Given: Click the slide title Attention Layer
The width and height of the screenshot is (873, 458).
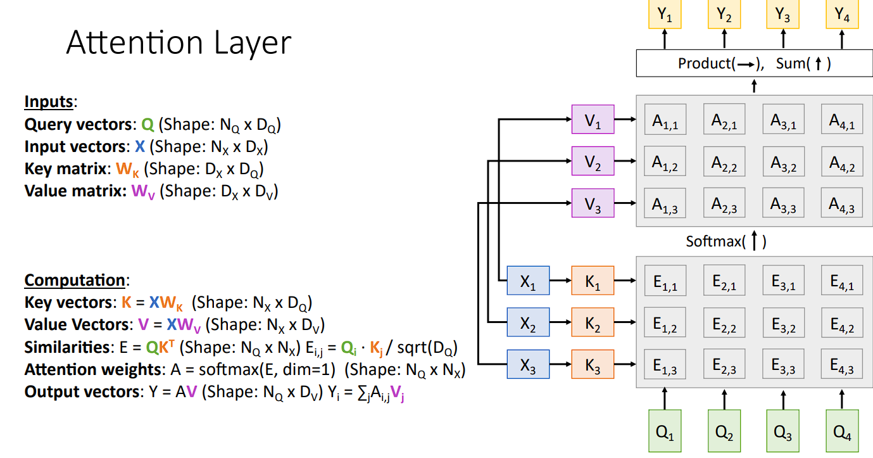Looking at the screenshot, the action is coord(179,43).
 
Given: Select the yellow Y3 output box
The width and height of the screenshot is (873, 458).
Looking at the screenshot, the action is coord(782,14).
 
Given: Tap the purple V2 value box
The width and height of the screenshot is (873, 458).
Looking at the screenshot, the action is coord(593,161).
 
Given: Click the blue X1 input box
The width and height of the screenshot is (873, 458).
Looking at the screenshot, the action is coord(528,281).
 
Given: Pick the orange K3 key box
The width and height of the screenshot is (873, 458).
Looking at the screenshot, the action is coord(593,364).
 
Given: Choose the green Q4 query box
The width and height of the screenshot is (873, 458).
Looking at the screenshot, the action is coord(842,431).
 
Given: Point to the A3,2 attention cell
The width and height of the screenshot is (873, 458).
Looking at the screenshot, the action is coord(783,162).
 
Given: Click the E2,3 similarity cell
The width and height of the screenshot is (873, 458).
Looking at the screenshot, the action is coord(724,364).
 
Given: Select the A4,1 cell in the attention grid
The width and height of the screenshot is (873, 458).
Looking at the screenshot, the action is coord(842,119).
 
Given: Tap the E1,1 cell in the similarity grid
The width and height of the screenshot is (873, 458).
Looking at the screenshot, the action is coord(665,281).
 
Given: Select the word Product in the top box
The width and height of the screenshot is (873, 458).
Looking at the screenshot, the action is coord(705,63).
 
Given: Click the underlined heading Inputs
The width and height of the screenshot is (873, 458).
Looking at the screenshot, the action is coord(49,102).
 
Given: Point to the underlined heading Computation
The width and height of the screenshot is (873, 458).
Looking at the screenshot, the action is coord(75,280).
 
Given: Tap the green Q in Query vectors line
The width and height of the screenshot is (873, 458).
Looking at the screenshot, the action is coord(148,125).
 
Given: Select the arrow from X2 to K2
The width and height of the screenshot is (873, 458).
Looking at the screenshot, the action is coord(560,322).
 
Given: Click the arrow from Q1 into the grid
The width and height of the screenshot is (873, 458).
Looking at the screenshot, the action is coord(665,398).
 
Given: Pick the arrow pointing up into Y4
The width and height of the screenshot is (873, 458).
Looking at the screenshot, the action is coord(842,39).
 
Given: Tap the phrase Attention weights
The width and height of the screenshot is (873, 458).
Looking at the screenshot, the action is coord(93,369).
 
